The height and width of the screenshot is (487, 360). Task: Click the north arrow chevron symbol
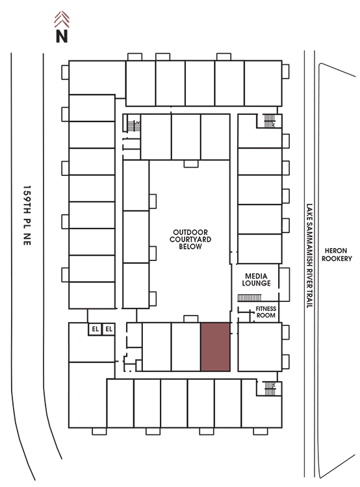62,19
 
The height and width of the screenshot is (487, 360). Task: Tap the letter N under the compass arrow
62,36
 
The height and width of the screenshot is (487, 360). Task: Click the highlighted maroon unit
216,347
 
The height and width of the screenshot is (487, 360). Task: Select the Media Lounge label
256,279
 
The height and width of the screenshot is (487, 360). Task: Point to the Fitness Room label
266,312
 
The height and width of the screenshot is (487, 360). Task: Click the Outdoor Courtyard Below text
190,239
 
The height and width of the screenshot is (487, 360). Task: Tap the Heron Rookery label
337,255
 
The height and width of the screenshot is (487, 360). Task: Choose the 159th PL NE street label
27,216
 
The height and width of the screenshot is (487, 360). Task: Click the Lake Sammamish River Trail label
309,256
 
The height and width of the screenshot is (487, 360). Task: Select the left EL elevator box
95,329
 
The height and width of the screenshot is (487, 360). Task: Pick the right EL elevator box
109,329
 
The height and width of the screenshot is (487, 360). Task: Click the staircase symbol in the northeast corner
270,121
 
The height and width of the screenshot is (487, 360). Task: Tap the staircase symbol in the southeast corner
270,388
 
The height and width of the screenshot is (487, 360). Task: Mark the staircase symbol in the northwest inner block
134,126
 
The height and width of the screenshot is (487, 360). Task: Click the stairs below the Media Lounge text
250,298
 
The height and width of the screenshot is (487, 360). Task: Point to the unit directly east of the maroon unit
259,347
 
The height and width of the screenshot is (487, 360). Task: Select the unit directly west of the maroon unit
186,347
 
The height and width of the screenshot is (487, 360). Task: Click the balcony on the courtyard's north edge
191,164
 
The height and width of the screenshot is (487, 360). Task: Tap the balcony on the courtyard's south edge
191,319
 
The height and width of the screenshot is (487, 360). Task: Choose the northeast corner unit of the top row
263,83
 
